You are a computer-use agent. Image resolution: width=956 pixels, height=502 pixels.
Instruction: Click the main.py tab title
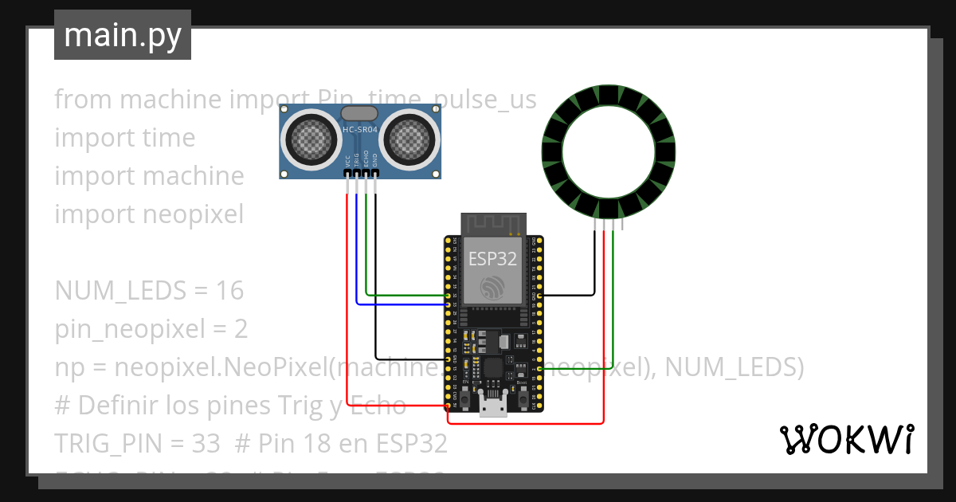click(123, 35)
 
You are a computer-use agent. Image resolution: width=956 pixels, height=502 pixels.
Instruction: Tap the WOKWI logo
click(845, 439)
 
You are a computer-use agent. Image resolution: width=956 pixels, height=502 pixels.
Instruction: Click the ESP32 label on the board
click(492, 258)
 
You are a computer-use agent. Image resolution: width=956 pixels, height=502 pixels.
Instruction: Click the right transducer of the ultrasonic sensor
click(411, 140)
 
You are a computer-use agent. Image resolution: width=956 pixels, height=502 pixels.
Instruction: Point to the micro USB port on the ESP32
click(494, 406)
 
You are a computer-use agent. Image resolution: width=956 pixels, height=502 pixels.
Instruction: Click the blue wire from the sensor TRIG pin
click(356, 255)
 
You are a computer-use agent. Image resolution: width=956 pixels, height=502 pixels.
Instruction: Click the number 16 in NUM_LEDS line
click(229, 291)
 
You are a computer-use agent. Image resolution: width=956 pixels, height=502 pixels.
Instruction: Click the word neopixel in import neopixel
click(194, 214)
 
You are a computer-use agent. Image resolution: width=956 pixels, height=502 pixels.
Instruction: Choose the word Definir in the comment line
click(116, 406)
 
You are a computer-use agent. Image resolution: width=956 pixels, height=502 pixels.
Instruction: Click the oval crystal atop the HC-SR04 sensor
click(358, 115)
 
